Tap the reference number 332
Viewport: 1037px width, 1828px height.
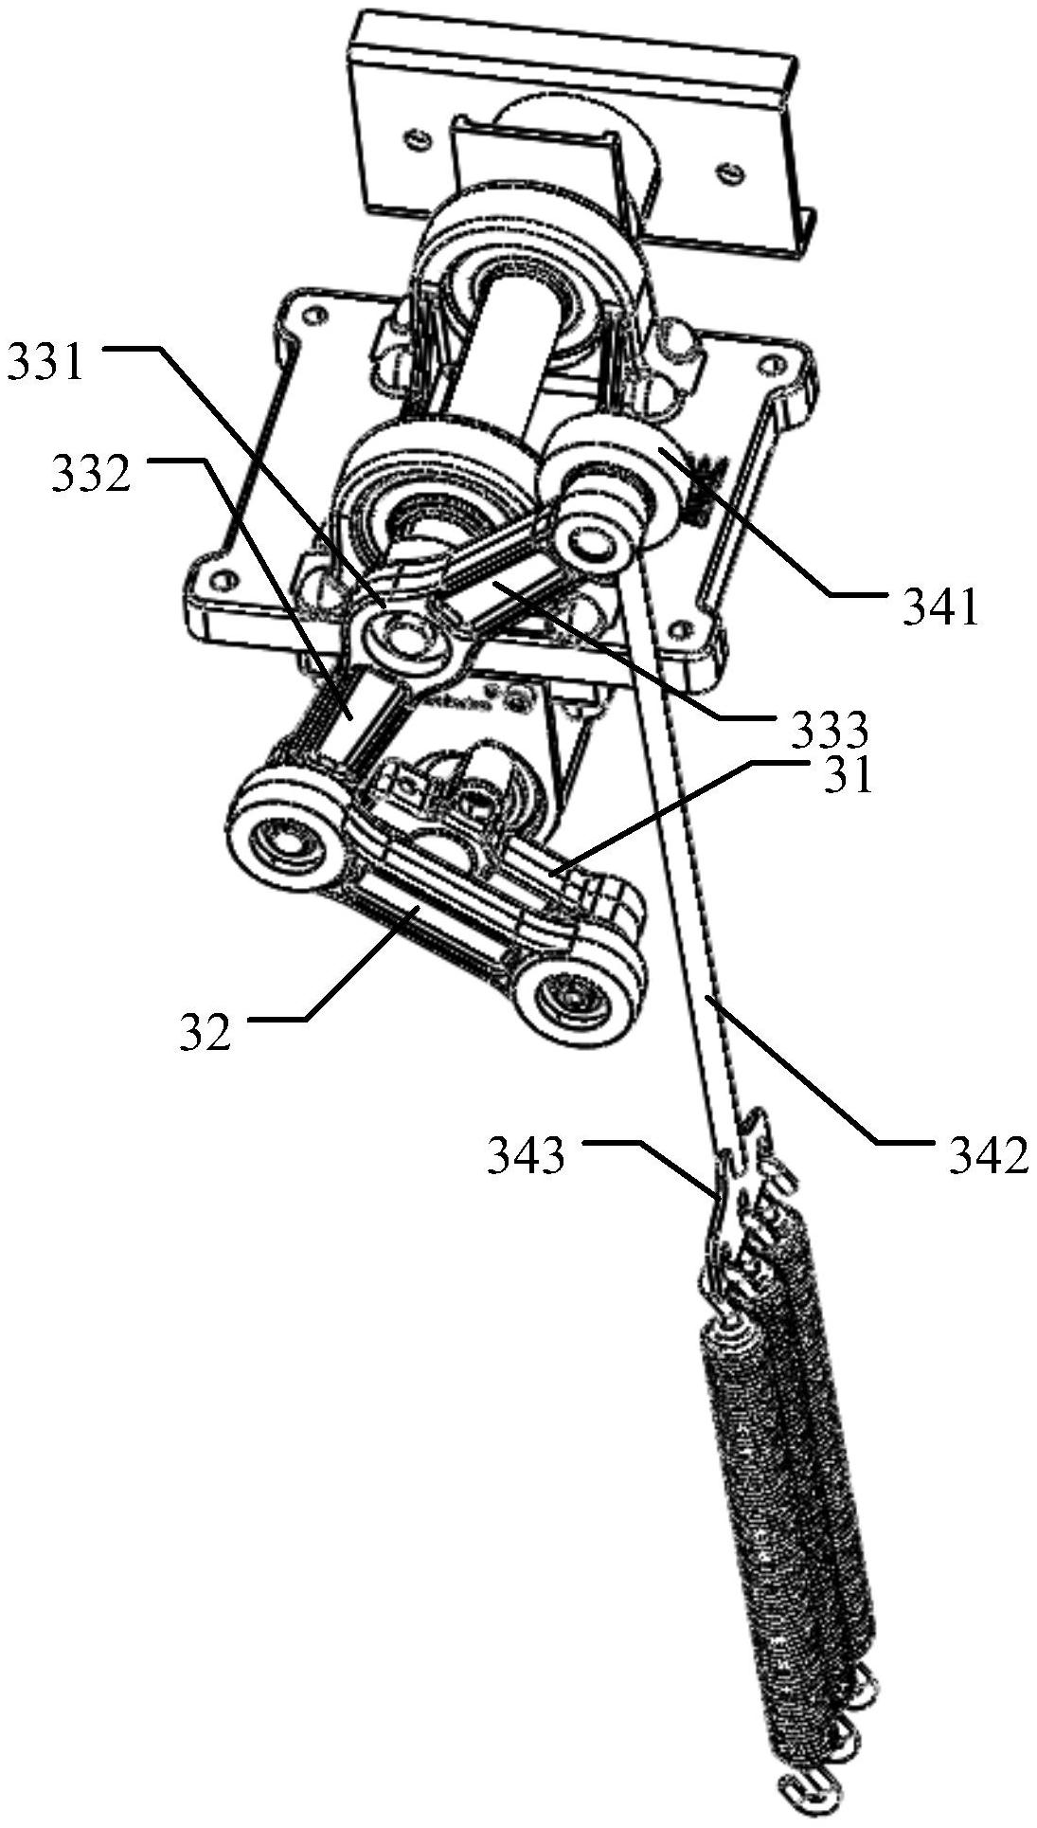click(91, 475)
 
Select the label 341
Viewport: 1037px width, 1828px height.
click(940, 609)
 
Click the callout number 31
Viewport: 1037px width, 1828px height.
click(847, 776)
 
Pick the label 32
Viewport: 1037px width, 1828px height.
click(205, 1032)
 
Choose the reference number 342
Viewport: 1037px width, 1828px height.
click(989, 1157)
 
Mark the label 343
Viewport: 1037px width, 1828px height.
click(527, 1157)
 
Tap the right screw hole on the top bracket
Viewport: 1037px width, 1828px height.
click(727, 172)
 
